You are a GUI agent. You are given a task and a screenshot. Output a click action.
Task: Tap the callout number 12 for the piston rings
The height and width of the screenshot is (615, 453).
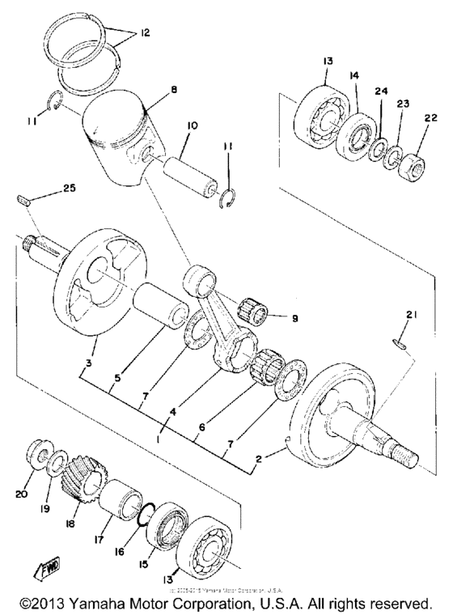click(145, 33)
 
